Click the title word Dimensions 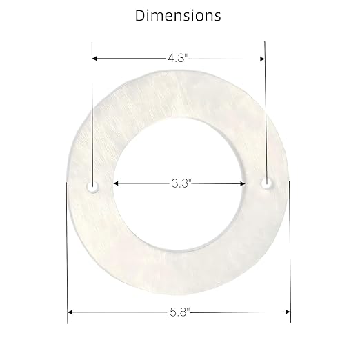coord(179,14)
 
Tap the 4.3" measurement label coord(179,59)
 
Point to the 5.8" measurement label coord(179,312)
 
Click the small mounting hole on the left coord(92,186)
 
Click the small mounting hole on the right coord(266,183)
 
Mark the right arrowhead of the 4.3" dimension coord(262,59)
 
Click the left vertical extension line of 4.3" coord(92,110)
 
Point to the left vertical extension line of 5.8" coord(68,248)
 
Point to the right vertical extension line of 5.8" coord(290,248)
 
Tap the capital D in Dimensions coord(141,14)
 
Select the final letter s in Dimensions coord(218,15)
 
